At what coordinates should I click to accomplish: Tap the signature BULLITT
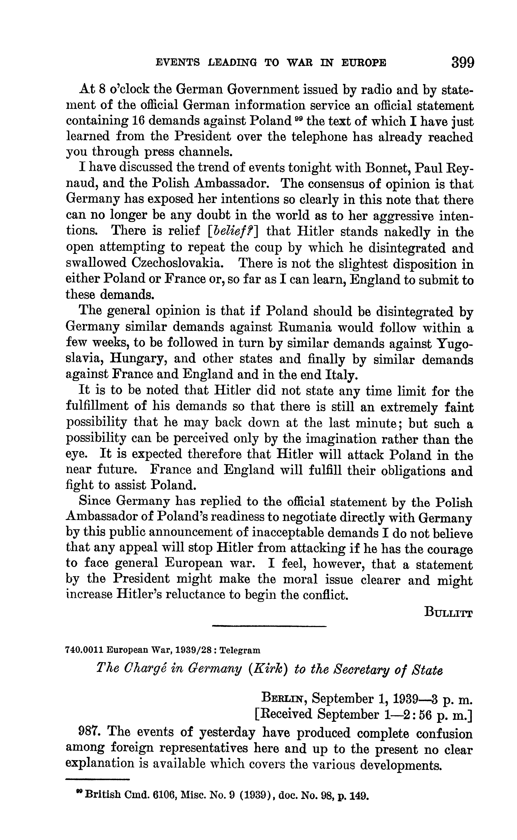pos(448,612)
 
